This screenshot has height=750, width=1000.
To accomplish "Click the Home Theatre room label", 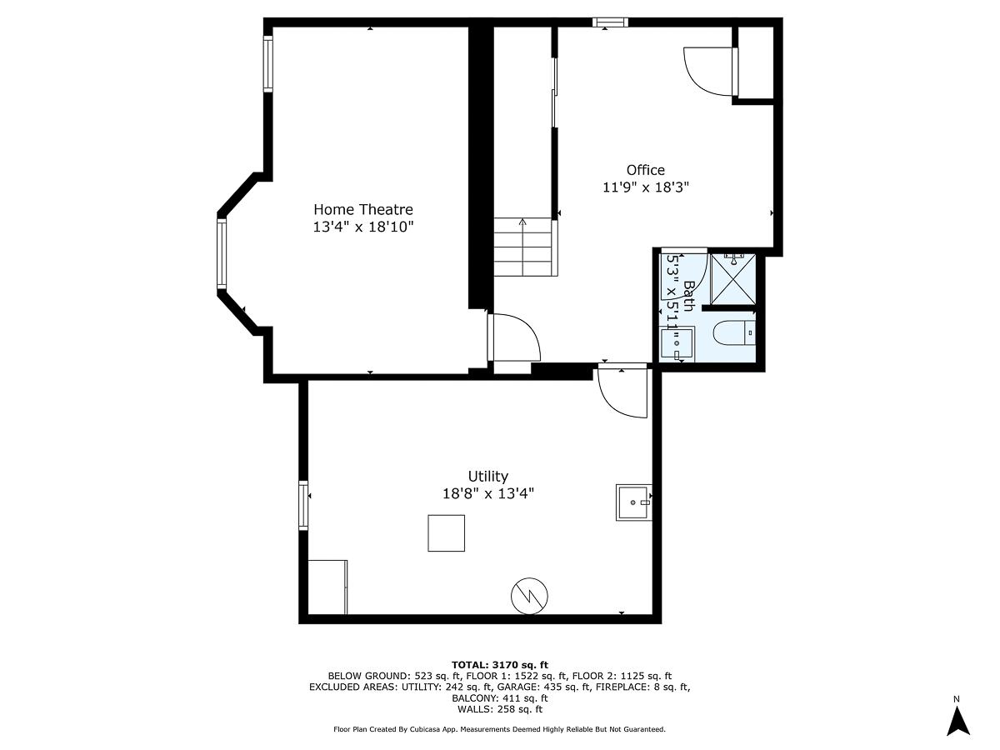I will click(x=362, y=209).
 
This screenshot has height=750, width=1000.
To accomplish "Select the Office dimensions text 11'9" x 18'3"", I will click(x=646, y=187).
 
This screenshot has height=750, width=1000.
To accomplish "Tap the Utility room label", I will click(x=487, y=476).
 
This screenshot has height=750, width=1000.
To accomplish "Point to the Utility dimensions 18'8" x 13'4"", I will click(x=487, y=493).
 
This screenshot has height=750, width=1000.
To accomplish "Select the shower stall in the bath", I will click(x=732, y=280).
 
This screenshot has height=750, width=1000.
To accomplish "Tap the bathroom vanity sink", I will click(x=677, y=343).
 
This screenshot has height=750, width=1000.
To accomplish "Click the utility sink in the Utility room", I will click(x=633, y=502).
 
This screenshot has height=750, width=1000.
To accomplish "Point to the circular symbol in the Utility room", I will click(x=530, y=596).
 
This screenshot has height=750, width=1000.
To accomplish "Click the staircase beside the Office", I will click(x=523, y=247).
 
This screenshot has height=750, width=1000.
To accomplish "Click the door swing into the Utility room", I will click(x=623, y=392).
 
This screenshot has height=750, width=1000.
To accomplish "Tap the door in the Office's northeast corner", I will click(x=708, y=71).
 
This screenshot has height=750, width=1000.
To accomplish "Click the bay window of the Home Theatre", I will click(x=222, y=252).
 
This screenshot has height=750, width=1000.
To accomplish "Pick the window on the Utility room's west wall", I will click(x=303, y=505).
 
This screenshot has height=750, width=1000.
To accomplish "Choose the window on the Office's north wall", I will click(x=611, y=22).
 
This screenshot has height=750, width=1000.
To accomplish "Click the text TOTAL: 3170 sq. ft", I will click(x=500, y=663).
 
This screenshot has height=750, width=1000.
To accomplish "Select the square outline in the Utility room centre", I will click(x=446, y=533).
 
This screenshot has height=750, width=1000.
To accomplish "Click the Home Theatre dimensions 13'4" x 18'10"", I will click(x=362, y=227).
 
